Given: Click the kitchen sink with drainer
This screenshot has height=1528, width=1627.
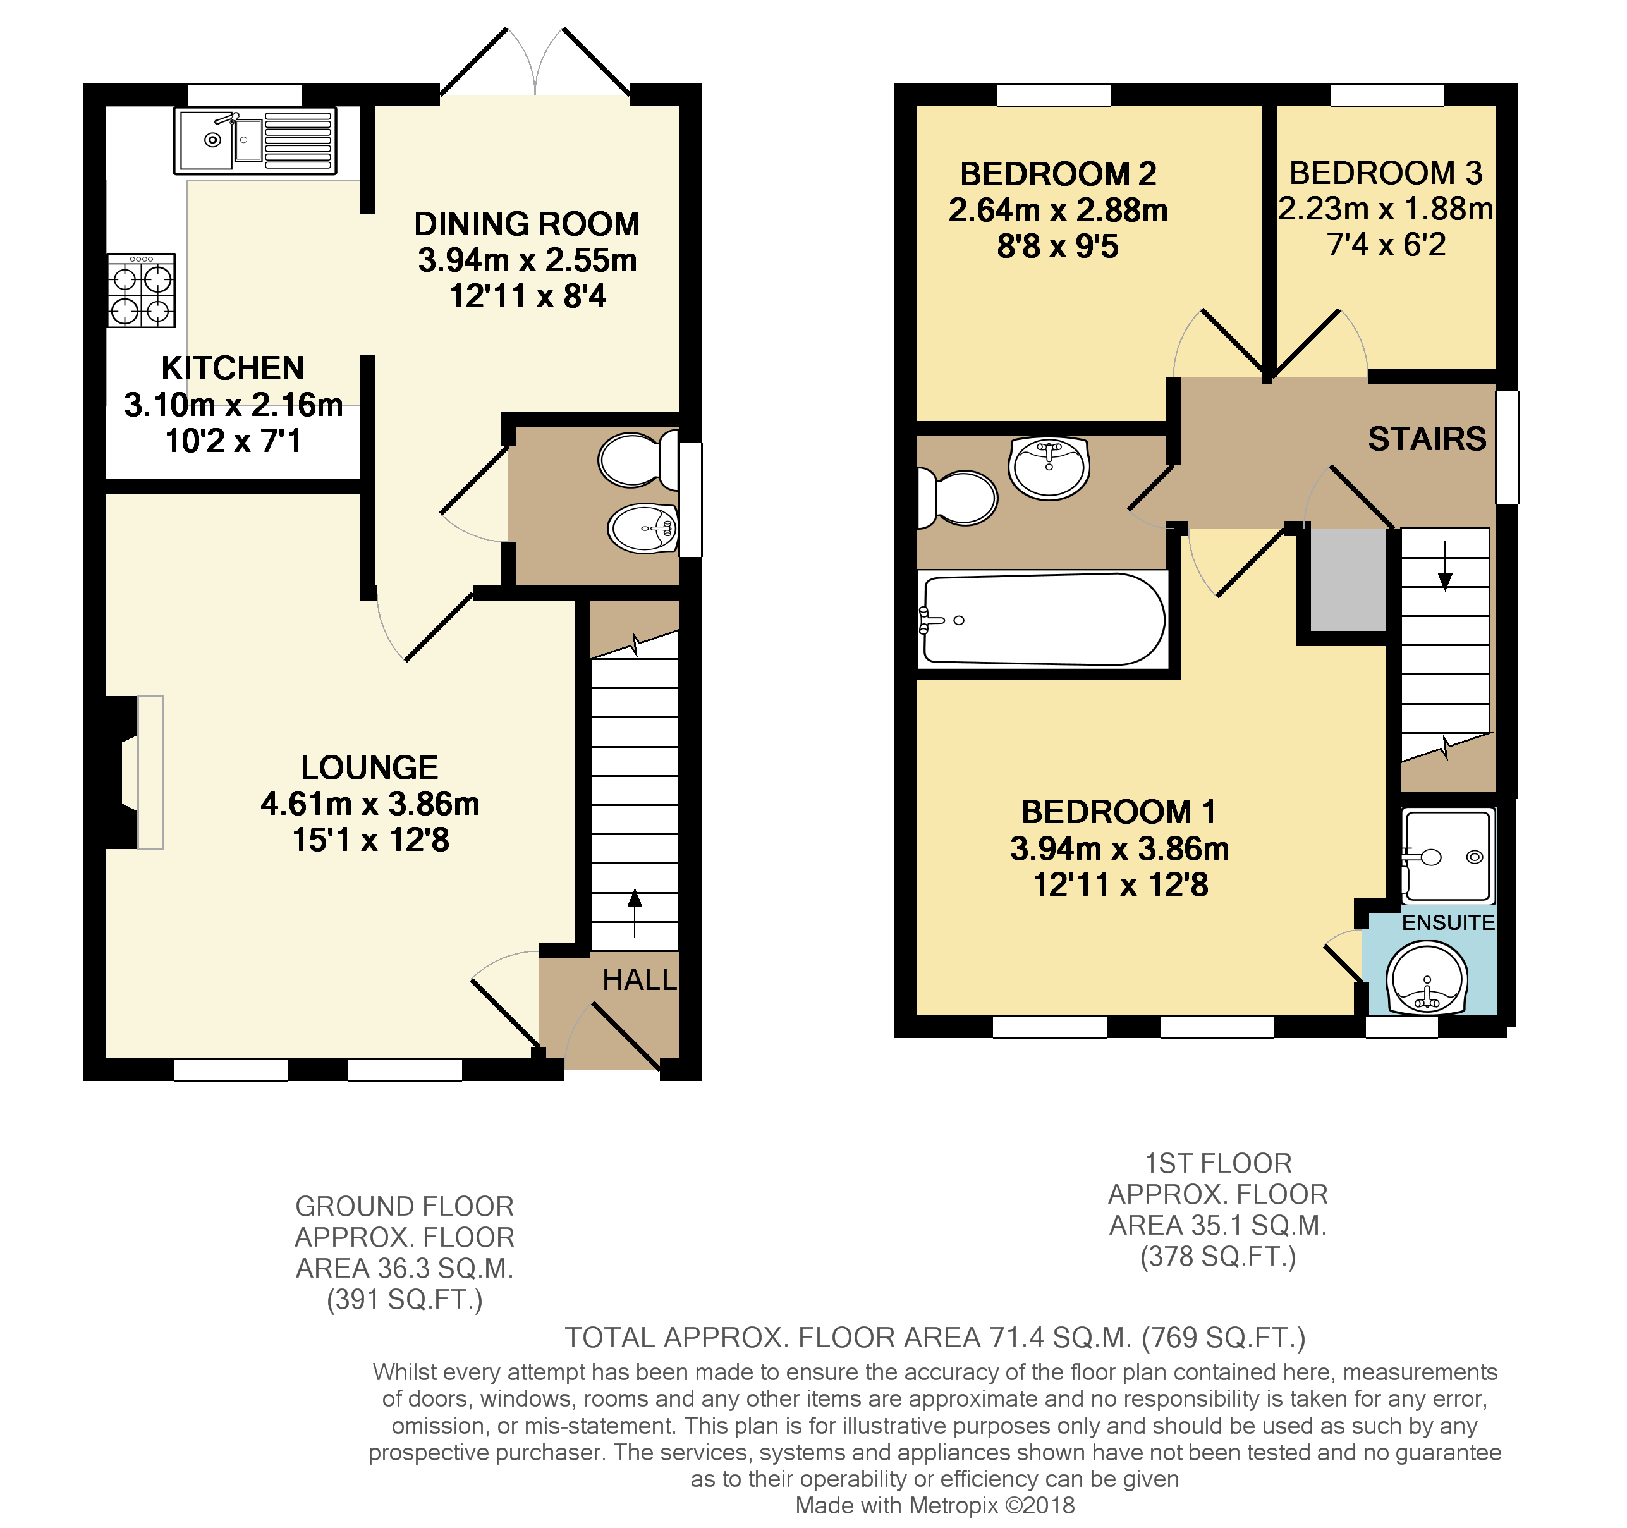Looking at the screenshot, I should point(255,141).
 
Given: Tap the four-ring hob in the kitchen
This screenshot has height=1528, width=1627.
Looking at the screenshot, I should point(141,291).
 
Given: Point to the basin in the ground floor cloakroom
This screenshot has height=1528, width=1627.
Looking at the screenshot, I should point(643,528).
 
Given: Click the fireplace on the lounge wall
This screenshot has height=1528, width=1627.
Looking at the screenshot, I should point(139,772).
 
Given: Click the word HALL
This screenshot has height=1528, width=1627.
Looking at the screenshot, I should point(639,980).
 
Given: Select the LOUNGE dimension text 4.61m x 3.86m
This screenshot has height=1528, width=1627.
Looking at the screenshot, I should point(370,804).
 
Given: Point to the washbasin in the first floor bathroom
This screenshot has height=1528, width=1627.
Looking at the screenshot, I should point(1049,467).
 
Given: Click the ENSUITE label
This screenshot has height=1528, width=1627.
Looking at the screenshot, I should point(1447,922).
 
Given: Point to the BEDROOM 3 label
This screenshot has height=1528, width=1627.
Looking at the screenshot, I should point(1386,173).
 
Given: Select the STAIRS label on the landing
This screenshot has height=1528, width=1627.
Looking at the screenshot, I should point(1427,439).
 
